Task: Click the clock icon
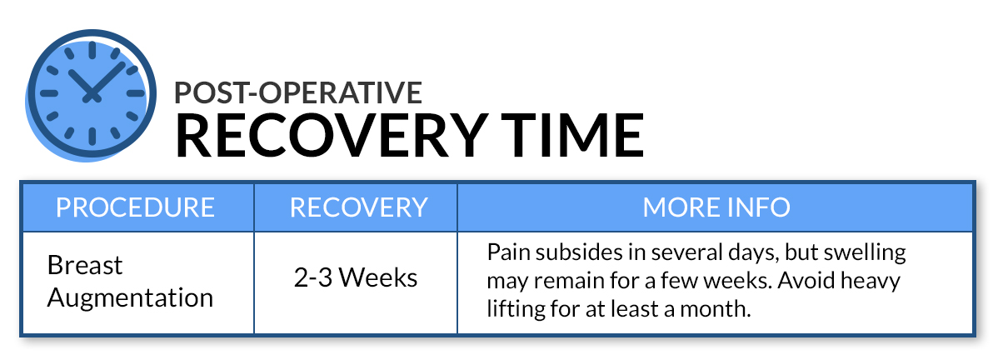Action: (91, 95)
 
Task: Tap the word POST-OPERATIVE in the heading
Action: (298, 92)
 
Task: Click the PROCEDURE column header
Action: (136, 207)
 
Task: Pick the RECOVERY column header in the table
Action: (358, 207)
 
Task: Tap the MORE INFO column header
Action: (716, 207)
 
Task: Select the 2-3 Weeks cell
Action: (356, 278)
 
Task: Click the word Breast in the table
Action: (85, 266)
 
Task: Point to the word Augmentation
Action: (131, 298)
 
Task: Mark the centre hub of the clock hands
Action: (92, 97)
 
